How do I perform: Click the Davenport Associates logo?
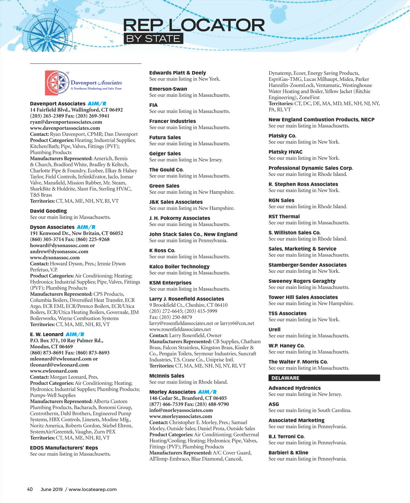coord(84,83)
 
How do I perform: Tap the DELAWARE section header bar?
coord(324,378)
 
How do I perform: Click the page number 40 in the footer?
coord(30,489)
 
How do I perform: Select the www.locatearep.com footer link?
coord(93,489)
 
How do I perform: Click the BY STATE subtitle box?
coord(153,39)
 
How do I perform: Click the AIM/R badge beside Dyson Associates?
coord(86,227)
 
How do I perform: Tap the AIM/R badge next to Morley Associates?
coord(207,392)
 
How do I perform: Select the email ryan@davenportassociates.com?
coord(66,122)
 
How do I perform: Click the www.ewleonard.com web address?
coord(54,371)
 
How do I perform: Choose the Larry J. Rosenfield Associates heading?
coord(187,299)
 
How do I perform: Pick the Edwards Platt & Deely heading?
coord(178,73)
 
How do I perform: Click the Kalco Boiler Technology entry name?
coord(179,267)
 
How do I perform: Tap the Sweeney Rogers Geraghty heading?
coord(302,281)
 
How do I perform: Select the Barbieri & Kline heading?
coord(288,452)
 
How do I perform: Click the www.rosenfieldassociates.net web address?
coord(180,329)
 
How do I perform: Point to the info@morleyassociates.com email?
coord(181,410)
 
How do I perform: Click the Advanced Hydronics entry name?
coord(295,388)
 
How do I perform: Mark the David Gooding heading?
coord(49,211)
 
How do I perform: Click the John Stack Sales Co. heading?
coord(193,234)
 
